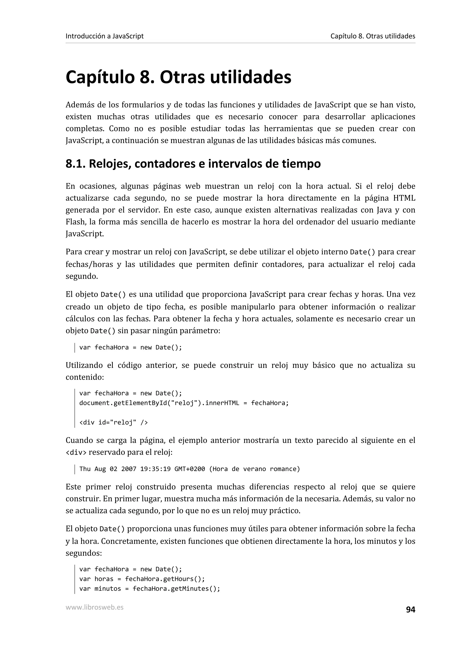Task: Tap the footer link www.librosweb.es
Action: (x=94, y=607)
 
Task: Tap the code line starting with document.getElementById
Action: (x=184, y=403)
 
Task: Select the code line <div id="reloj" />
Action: (x=113, y=422)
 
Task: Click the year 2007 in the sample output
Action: (x=129, y=469)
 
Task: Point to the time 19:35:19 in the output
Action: (x=155, y=469)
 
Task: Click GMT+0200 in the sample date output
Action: (x=189, y=469)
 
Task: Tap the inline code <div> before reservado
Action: (x=76, y=452)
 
